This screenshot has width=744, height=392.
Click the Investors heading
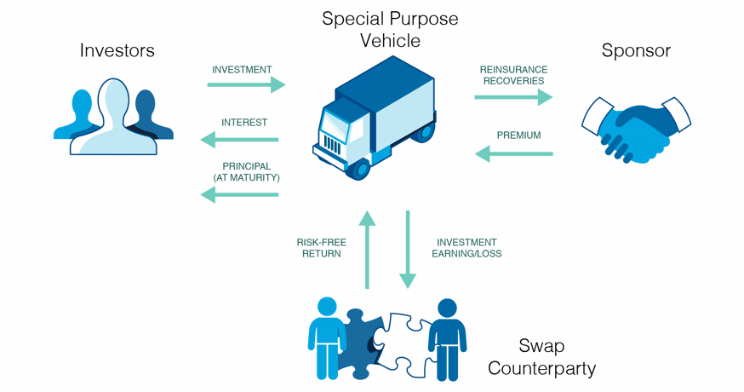[117, 50]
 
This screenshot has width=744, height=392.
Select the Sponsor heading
[635, 50]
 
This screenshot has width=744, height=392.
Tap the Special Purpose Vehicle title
[390, 29]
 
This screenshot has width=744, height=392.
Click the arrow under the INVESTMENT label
[246, 84]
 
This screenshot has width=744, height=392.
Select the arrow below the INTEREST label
[239, 140]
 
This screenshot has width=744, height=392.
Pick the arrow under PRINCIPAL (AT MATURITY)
[239, 195]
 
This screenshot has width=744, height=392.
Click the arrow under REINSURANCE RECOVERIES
[513, 98]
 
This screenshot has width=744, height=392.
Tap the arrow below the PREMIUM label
[513, 153]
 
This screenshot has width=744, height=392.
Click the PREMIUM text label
[518, 135]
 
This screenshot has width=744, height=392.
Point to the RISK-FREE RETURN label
[319, 247]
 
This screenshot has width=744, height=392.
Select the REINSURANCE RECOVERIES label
[513, 75]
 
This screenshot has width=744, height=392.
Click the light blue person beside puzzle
[328, 337]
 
